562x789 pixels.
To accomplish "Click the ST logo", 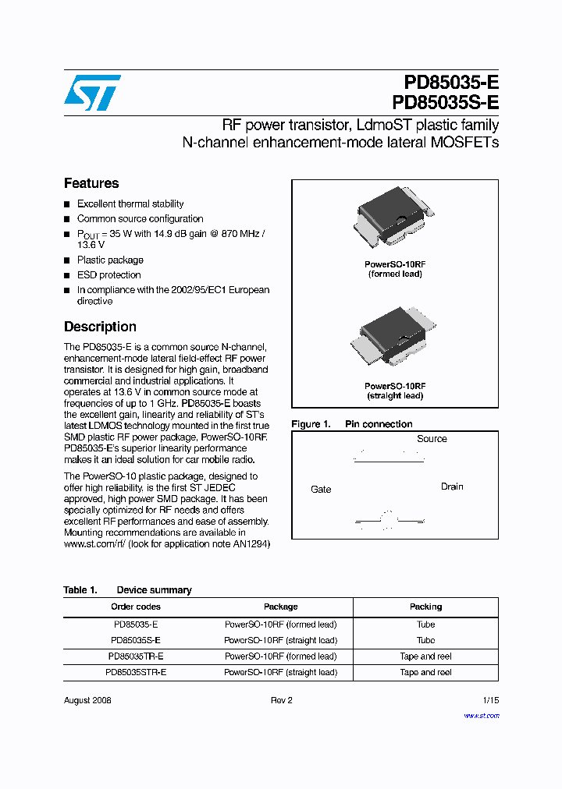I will click(x=92, y=92).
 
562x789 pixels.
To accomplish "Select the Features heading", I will click(x=91, y=183).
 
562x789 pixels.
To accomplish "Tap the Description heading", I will click(x=100, y=327).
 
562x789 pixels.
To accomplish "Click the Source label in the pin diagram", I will click(x=432, y=439).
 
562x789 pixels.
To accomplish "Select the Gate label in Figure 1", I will click(x=321, y=490).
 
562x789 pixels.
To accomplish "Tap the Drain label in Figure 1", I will click(x=452, y=486).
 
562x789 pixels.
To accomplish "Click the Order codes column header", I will click(x=136, y=607).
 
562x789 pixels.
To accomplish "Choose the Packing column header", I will click(x=425, y=607).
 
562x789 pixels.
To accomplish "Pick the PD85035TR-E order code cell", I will click(x=136, y=656).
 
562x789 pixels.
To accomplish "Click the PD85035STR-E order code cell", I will click(x=136, y=672).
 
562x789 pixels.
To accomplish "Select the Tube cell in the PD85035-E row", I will click(x=425, y=624).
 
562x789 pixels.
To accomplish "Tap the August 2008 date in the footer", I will click(x=87, y=700).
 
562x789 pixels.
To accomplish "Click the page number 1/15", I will click(x=490, y=700).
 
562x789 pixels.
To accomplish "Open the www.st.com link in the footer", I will click(x=481, y=716).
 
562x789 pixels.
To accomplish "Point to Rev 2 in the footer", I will click(x=281, y=700).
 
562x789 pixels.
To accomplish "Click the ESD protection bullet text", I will click(x=109, y=275).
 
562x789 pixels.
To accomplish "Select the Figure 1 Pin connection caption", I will click(x=352, y=424).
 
